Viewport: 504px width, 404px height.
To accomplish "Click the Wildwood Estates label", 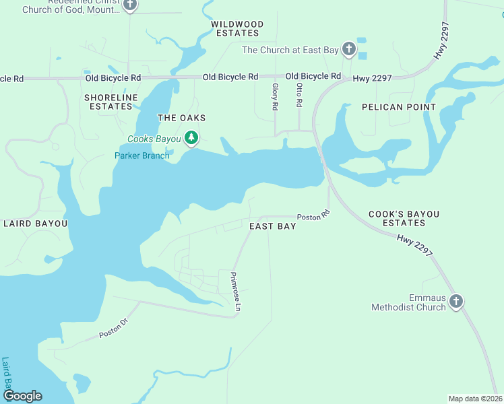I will [235, 28].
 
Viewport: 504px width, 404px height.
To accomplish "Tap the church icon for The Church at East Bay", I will [348, 49].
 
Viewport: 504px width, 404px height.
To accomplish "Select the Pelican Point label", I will [398, 107].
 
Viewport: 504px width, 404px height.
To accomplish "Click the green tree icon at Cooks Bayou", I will [192, 138].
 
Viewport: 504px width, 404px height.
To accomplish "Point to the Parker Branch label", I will [141, 156].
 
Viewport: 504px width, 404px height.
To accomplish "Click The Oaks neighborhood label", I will [181, 118].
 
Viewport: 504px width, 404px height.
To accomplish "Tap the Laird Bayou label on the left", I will [36, 223].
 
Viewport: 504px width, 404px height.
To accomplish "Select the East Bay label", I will [272, 226].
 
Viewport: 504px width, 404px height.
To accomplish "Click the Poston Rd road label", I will [313, 217].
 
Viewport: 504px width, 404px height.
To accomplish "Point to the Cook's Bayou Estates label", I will [404, 218].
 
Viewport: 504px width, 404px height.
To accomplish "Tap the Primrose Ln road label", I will [235, 291].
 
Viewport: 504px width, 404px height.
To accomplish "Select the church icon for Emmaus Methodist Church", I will [456, 301].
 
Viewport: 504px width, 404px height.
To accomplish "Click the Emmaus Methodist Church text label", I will [408, 302].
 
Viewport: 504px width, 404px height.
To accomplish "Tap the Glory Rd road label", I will [275, 97].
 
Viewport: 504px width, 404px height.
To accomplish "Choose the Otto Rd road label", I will [299, 95].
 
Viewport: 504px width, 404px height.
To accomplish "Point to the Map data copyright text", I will [475, 399].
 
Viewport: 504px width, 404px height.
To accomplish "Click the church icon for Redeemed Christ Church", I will [131, 6].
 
